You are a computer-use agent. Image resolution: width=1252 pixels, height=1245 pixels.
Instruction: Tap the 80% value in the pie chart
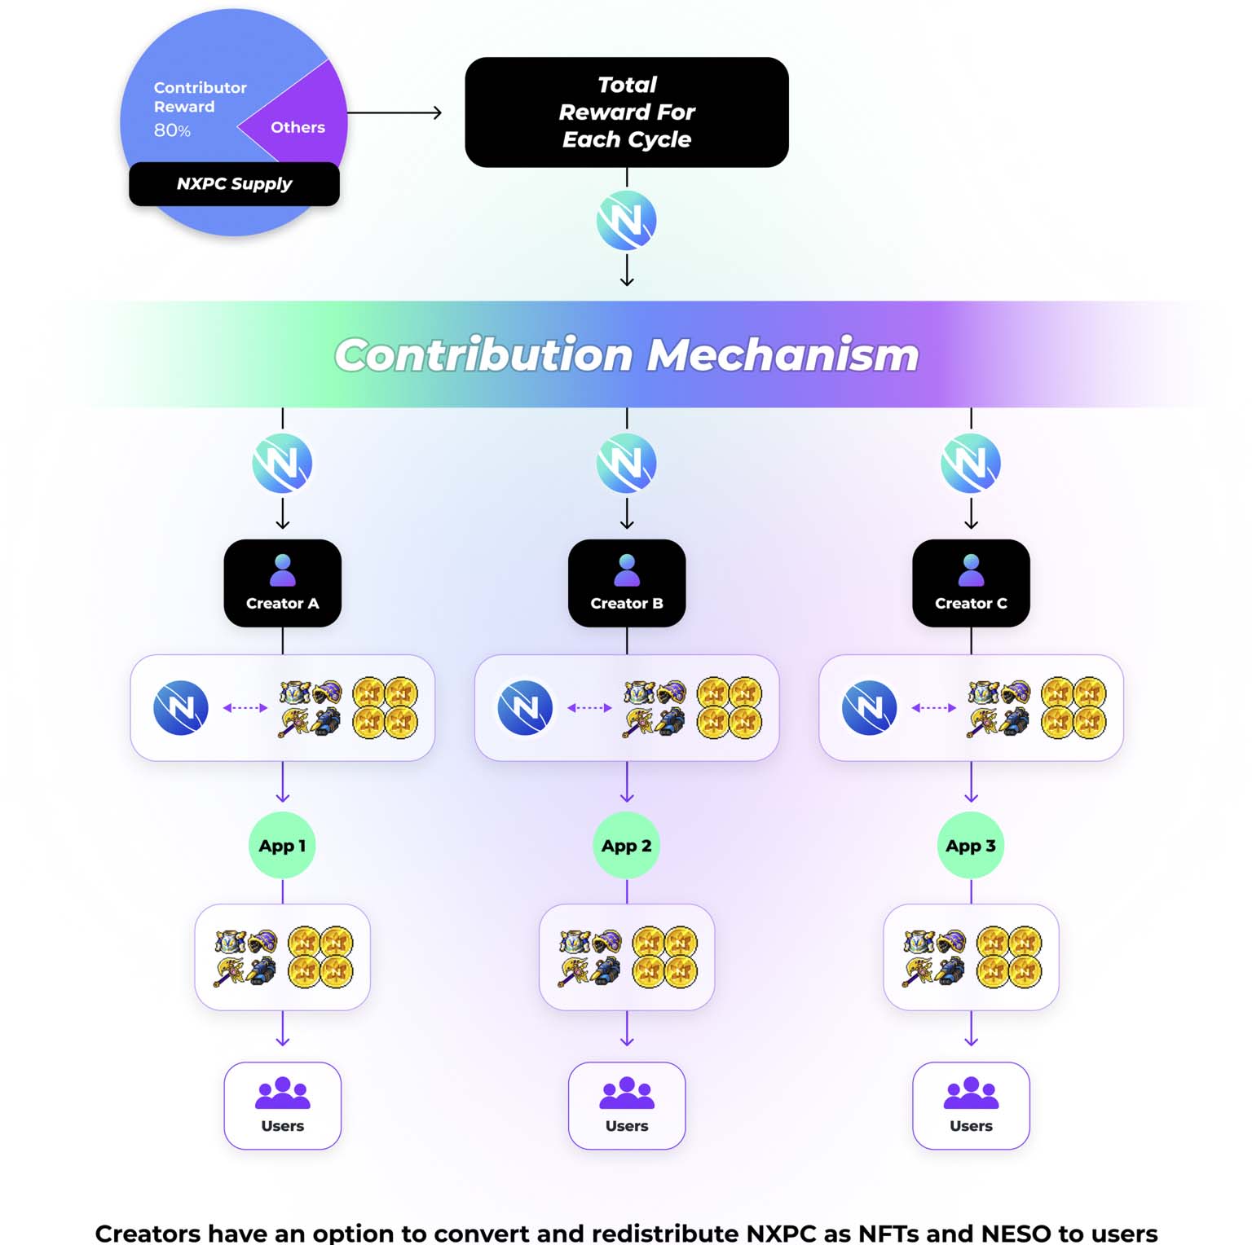172,130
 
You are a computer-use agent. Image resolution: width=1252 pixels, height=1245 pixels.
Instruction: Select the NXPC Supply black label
234,184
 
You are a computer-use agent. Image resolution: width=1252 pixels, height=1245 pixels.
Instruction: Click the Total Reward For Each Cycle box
626,112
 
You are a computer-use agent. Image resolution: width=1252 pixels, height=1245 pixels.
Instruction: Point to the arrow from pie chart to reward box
395,112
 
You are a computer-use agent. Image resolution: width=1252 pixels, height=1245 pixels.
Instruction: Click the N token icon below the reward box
626,220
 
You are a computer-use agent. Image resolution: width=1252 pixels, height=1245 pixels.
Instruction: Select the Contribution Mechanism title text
626,355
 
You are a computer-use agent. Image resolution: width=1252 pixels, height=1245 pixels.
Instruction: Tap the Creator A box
282,583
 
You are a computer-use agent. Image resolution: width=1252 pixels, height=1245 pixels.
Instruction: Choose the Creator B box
626,583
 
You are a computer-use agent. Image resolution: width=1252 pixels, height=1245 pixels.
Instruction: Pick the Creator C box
971,583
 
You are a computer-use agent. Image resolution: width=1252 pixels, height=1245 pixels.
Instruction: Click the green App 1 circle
282,846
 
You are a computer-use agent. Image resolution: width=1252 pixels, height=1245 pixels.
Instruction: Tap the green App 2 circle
626,846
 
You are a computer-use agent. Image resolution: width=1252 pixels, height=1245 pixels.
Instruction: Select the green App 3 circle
971,846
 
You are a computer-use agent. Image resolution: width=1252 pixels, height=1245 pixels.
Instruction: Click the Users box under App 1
282,1106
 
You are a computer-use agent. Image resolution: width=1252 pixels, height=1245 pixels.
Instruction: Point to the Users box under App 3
971,1106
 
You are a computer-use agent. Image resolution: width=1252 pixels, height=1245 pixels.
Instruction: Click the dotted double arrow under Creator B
589,707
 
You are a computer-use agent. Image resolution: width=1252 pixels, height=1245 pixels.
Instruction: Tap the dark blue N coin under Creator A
181,707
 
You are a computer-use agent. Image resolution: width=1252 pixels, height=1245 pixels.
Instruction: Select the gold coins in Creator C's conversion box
1073,707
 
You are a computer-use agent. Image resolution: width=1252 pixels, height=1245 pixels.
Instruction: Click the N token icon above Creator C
971,463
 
